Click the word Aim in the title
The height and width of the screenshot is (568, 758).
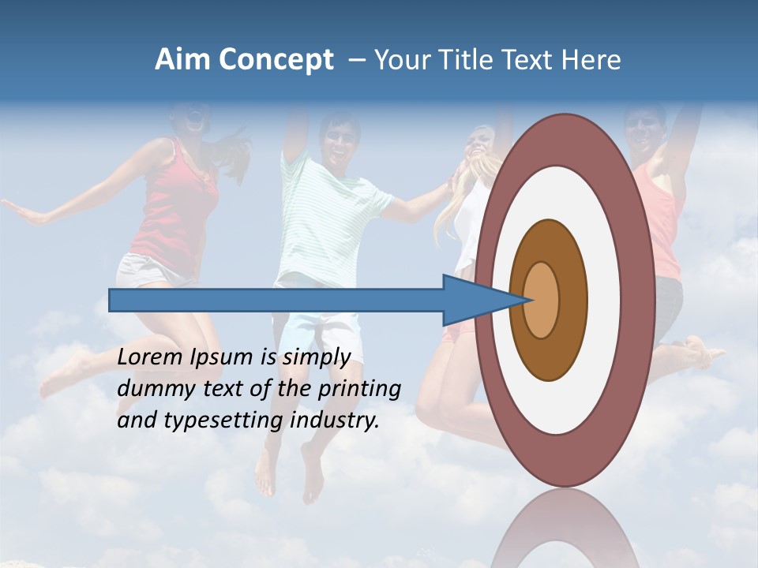click(182, 60)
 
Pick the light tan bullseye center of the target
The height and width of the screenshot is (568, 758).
click(542, 300)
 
